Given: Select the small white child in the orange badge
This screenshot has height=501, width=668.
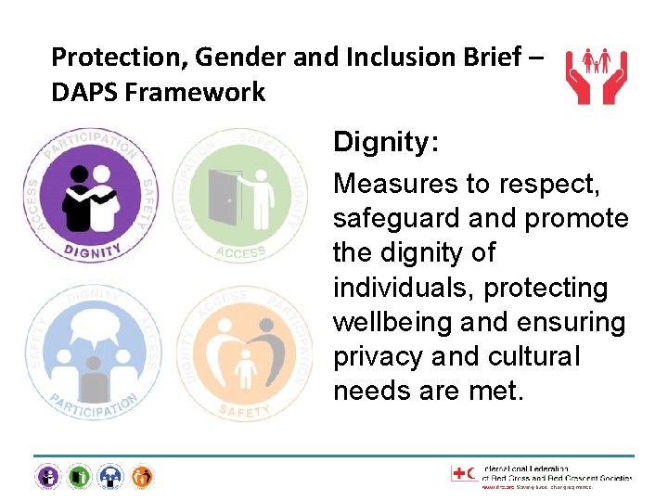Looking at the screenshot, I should click(245, 368).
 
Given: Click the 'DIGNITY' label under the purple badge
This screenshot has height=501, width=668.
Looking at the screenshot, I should click(93, 250).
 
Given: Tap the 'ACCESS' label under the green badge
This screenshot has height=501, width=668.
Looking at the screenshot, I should click(240, 251).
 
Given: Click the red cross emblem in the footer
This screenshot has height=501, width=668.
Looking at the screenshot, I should click(460, 474).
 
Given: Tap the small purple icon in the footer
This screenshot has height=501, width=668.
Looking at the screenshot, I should click(46, 477).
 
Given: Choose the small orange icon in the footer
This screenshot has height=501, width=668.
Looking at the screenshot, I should click(142, 477).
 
